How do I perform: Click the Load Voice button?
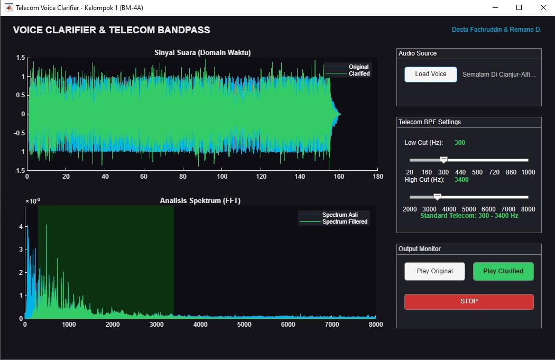430,75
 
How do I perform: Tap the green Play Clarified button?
503,271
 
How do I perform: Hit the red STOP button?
469,302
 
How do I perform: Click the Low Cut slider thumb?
443,160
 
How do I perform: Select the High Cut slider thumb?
438,197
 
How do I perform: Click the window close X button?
543,7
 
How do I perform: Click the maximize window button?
519,7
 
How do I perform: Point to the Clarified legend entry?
348,73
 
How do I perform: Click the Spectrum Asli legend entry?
328,215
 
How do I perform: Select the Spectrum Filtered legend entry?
334,221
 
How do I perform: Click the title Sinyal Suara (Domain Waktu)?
202,53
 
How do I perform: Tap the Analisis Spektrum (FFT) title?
200,201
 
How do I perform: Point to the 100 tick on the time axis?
222,176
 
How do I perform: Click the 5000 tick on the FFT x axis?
244,324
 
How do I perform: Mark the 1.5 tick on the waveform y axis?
21,57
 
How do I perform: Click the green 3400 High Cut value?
461,180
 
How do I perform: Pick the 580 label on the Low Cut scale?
477,172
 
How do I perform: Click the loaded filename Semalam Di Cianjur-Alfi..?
499,75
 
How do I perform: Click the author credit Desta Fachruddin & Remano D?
497,30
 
